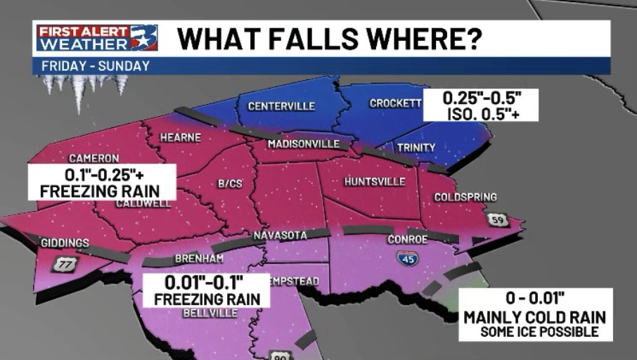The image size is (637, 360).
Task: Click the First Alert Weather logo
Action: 97,38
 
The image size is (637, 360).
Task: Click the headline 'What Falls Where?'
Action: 329,38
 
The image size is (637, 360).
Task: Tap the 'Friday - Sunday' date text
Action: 96,66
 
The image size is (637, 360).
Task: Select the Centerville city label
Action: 281,106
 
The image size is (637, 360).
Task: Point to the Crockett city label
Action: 395,103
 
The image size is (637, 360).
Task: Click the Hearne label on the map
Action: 181,138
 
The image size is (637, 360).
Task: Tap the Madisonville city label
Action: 304,144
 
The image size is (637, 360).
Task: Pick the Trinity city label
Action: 416,147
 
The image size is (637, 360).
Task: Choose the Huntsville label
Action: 375,182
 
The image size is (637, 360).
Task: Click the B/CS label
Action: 230,184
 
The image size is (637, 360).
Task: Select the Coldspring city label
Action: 465,197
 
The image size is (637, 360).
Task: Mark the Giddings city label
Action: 65,243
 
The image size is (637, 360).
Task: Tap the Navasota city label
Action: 281,235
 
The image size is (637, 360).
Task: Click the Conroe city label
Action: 408,239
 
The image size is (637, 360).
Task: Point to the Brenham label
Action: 200,258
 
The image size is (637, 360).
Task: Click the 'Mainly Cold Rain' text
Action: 535,317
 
